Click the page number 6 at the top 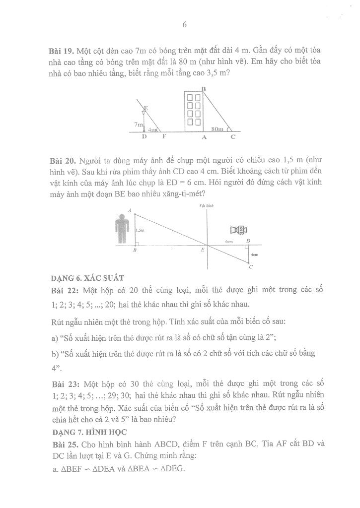[184, 26]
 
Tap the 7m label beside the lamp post [139, 124]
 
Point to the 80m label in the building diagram [217, 129]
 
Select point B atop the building [204, 88]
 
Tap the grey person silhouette [121, 228]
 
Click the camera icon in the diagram [239, 230]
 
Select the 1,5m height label [140, 230]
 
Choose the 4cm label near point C [254, 254]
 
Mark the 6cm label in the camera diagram [229, 242]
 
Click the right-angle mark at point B [138, 243]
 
